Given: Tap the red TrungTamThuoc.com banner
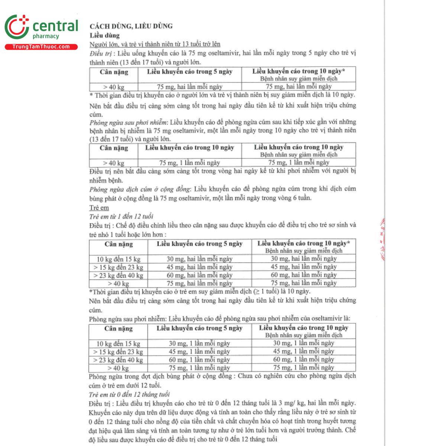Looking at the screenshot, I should coord(41,47).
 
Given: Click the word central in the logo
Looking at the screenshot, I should coord(55,26).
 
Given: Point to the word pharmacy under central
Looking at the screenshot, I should coord(46,36).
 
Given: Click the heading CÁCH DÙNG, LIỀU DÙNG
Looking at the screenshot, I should coord(131,26).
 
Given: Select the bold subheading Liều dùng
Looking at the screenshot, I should coord(104,36).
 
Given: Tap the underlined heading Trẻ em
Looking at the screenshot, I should coord(99,208).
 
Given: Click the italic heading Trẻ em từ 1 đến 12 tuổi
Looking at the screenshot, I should coord(121,216).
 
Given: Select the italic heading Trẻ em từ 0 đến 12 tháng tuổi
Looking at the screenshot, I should coord(129,394).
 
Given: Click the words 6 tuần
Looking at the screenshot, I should coord(301,198).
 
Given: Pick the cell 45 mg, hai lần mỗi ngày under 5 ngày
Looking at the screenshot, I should coord(199,267).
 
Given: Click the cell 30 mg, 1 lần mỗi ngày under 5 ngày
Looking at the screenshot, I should coord(199,344).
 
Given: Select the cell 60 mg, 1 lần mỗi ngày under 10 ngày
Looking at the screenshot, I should coord(303,360).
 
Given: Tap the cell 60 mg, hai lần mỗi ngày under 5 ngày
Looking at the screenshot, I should coord(199,275).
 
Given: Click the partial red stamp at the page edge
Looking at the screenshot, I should coord(382,240).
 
